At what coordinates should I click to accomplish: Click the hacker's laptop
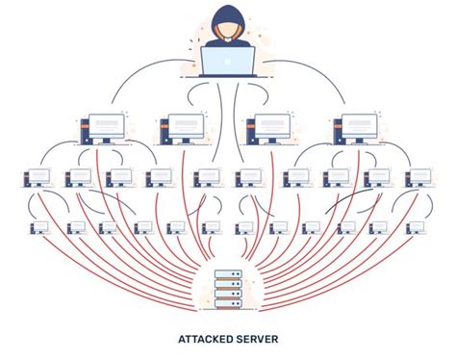click(x=228, y=62)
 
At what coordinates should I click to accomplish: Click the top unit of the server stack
click(x=228, y=274)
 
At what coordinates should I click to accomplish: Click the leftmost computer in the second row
click(x=100, y=128)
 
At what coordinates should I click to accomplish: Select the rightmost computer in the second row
click(x=353, y=128)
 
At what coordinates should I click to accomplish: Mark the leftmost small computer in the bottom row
click(x=38, y=228)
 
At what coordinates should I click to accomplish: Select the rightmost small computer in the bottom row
click(x=416, y=228)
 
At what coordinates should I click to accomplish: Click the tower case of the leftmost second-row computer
click(x=84, y=132)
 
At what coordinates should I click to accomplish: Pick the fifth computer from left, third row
click(x=206, y=177)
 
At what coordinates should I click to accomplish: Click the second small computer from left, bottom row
click(x=76, y=228)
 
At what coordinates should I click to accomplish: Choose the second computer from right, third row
click(x=377, y=177)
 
